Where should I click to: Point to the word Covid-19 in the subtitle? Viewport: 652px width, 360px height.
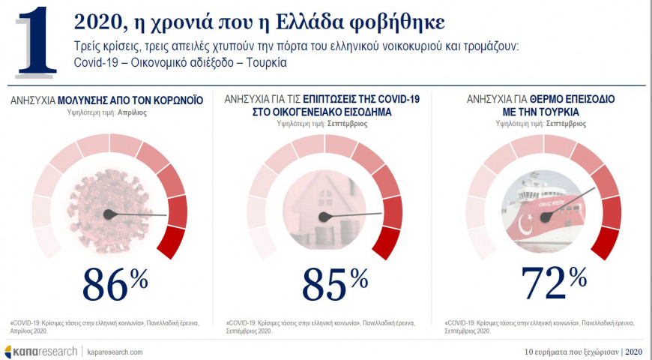(97, 62)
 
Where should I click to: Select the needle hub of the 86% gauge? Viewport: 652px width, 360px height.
(109, 214)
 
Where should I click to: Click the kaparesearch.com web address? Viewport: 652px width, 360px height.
(114, 351)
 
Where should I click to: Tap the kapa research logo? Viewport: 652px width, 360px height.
(40, 351)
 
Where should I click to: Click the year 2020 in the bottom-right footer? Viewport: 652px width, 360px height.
(634, 351)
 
